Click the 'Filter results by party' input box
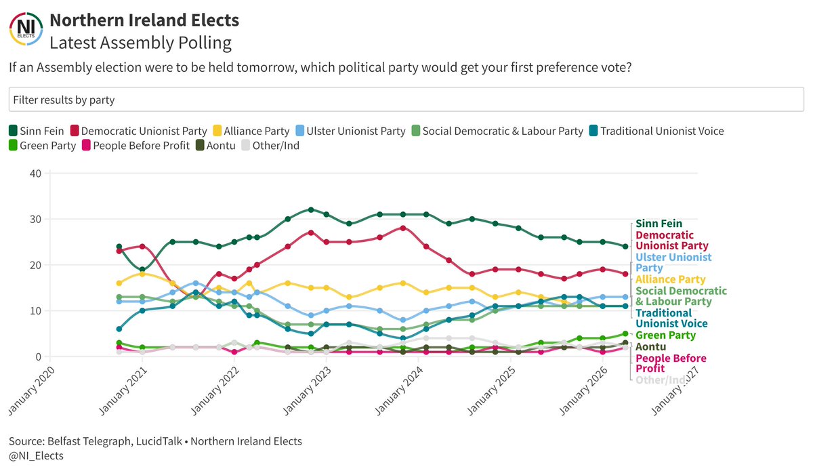click(406, 100)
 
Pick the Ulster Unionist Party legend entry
click(349, 131)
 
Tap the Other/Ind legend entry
click(270, 145)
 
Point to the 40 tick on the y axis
click(36, 173)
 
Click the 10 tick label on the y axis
click(36, 311)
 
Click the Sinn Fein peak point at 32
click(311, 210)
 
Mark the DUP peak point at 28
click(403, 228)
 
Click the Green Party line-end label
click(665, 335)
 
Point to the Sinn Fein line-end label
click(659, 224)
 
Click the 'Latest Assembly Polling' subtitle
click(140, 43)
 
